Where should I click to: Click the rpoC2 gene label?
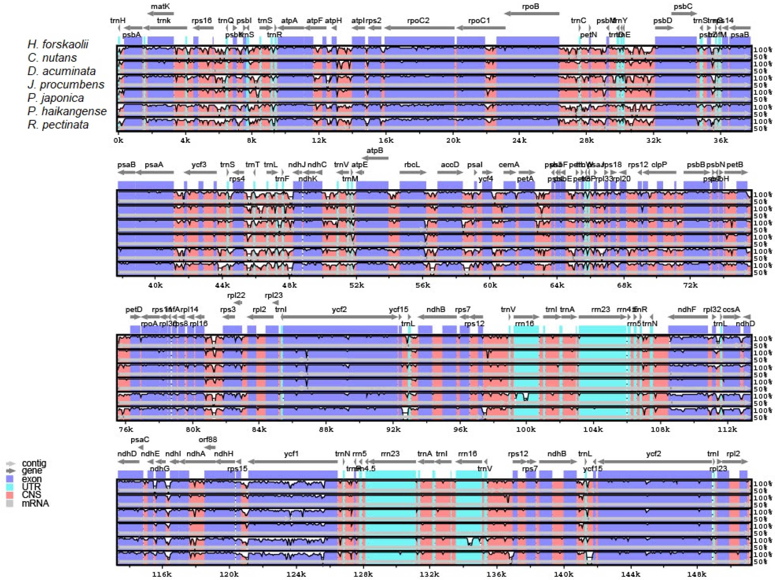(x=418, y=20)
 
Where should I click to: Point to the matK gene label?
(x=161, y=6)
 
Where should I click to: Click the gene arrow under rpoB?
(x=532, y=13)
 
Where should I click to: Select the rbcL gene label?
(x=412, y=164)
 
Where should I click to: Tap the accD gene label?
(x=450, y=164)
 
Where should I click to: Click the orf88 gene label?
(x=208, y=439)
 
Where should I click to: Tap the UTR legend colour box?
(x=10, y=487)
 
